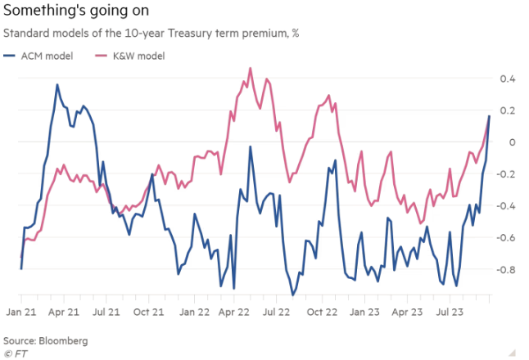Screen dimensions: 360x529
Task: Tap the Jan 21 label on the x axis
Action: pos(21,312)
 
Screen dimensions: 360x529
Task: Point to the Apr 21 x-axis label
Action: pos(62,312)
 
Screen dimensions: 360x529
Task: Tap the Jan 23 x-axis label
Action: pos(366,312)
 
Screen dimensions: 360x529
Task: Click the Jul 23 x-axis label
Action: pos(449,312)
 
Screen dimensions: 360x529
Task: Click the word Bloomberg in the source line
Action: pos(61,340)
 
